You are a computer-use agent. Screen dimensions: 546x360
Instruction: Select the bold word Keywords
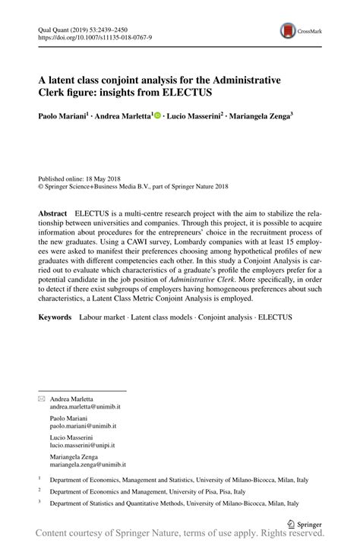click(x=55, y=314)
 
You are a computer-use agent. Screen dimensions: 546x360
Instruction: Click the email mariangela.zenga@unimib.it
click(x=87, y=463)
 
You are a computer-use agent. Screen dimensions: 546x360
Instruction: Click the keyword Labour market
click(x=103, y=314)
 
